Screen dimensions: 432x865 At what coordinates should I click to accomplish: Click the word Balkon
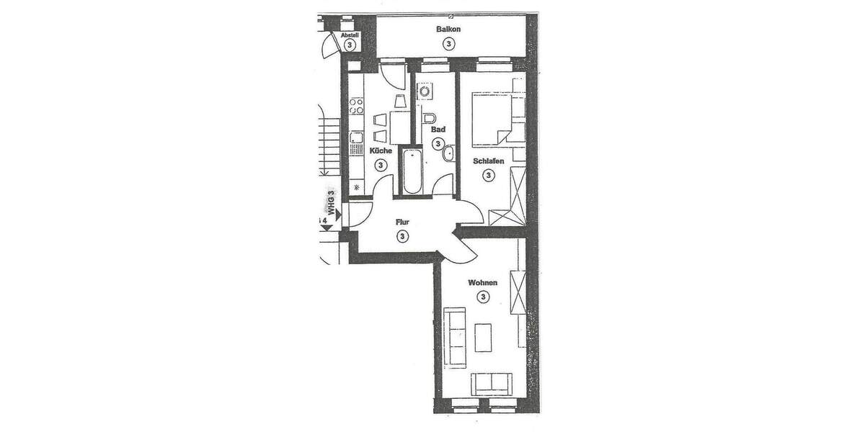click(448, 30)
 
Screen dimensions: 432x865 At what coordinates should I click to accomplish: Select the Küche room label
click(381, 151)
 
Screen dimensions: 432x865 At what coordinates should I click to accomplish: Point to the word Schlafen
click(488, 161)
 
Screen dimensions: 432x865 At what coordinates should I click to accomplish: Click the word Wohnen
click(482, 283)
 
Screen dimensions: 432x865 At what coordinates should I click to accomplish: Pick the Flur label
click(402, 222)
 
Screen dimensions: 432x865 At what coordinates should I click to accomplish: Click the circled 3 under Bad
click(438, 143)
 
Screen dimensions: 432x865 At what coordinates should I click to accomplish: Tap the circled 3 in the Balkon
click(448, 43)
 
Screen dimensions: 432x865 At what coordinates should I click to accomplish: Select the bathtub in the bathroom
click(412, 171)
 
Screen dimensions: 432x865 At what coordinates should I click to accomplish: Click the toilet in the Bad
click(430, 117)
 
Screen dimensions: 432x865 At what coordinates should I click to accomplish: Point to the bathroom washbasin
click(449, 152)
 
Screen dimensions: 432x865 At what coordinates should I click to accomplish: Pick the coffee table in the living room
click(484, 337)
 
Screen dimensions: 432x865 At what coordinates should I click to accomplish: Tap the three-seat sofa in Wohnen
click(455, 328)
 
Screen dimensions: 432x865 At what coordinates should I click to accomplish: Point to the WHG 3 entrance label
click(332, 203)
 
